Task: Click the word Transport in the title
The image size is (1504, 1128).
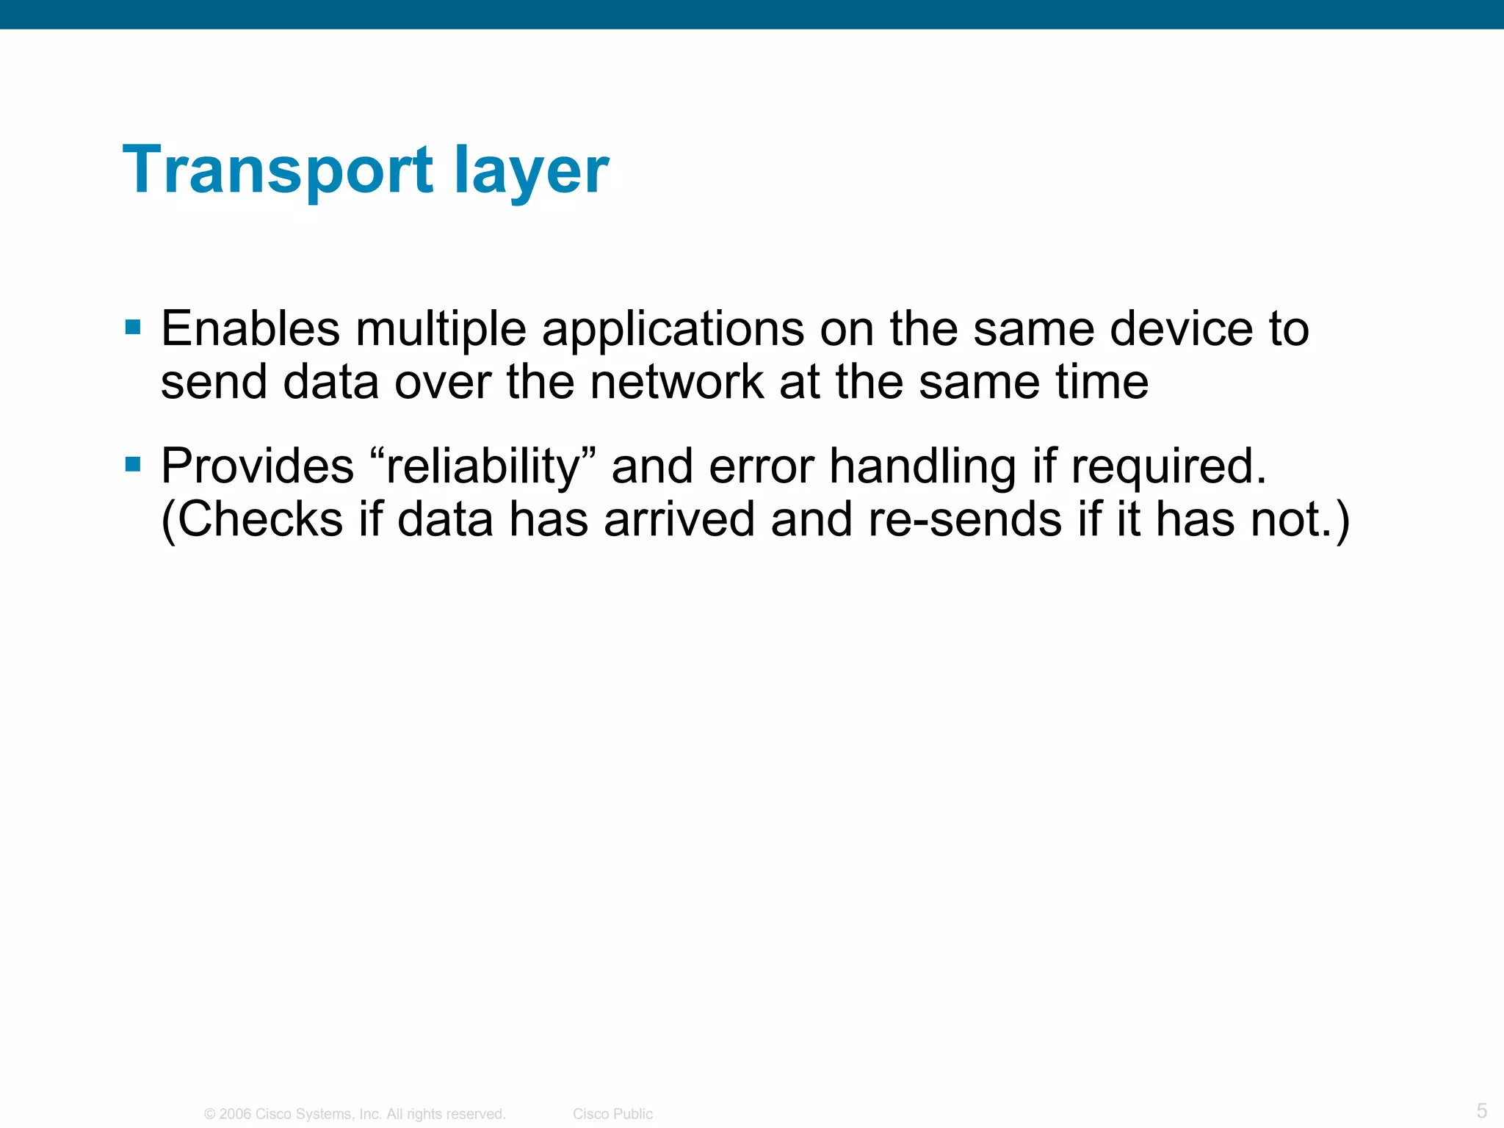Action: [278, 170]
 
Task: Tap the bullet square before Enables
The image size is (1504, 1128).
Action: [133, 328]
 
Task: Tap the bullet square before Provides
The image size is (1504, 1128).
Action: [133, 464]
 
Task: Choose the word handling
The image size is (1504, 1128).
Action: [922, 467]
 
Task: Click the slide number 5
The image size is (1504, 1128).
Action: [1481, 1110]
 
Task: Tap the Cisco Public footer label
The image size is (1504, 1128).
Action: [612, 1114]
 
